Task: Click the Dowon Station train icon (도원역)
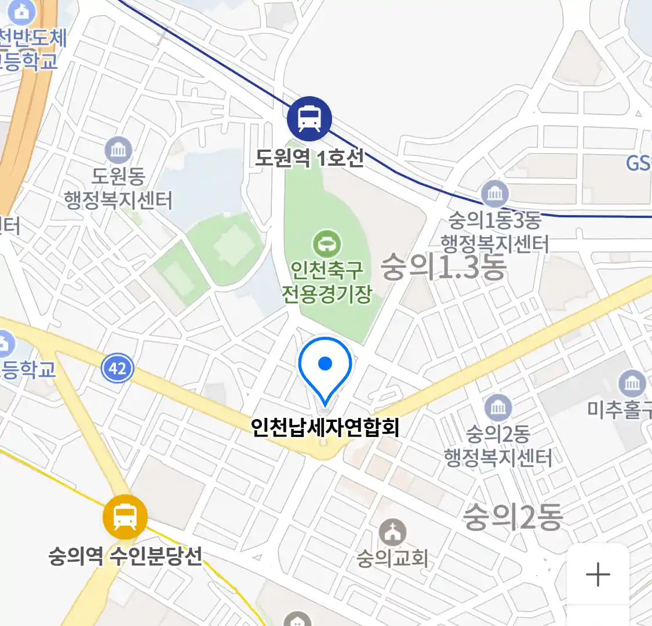pos(309,118)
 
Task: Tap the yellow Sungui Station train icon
pos(125,517)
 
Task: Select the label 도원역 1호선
pos(309,158)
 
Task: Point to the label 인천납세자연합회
pos(325,427)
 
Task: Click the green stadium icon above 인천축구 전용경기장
pos(327,244)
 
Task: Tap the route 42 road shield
pos(117,368)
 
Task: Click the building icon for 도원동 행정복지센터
pos(118,151)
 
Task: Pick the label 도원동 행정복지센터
pos(118,188)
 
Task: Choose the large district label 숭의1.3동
pos(443,267)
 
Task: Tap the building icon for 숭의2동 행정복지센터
pos(498,408)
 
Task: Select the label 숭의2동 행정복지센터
pos(498,446)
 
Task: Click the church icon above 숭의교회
pos(392,533)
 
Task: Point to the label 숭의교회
pos(392,558)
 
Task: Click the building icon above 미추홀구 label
pos(632,383)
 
